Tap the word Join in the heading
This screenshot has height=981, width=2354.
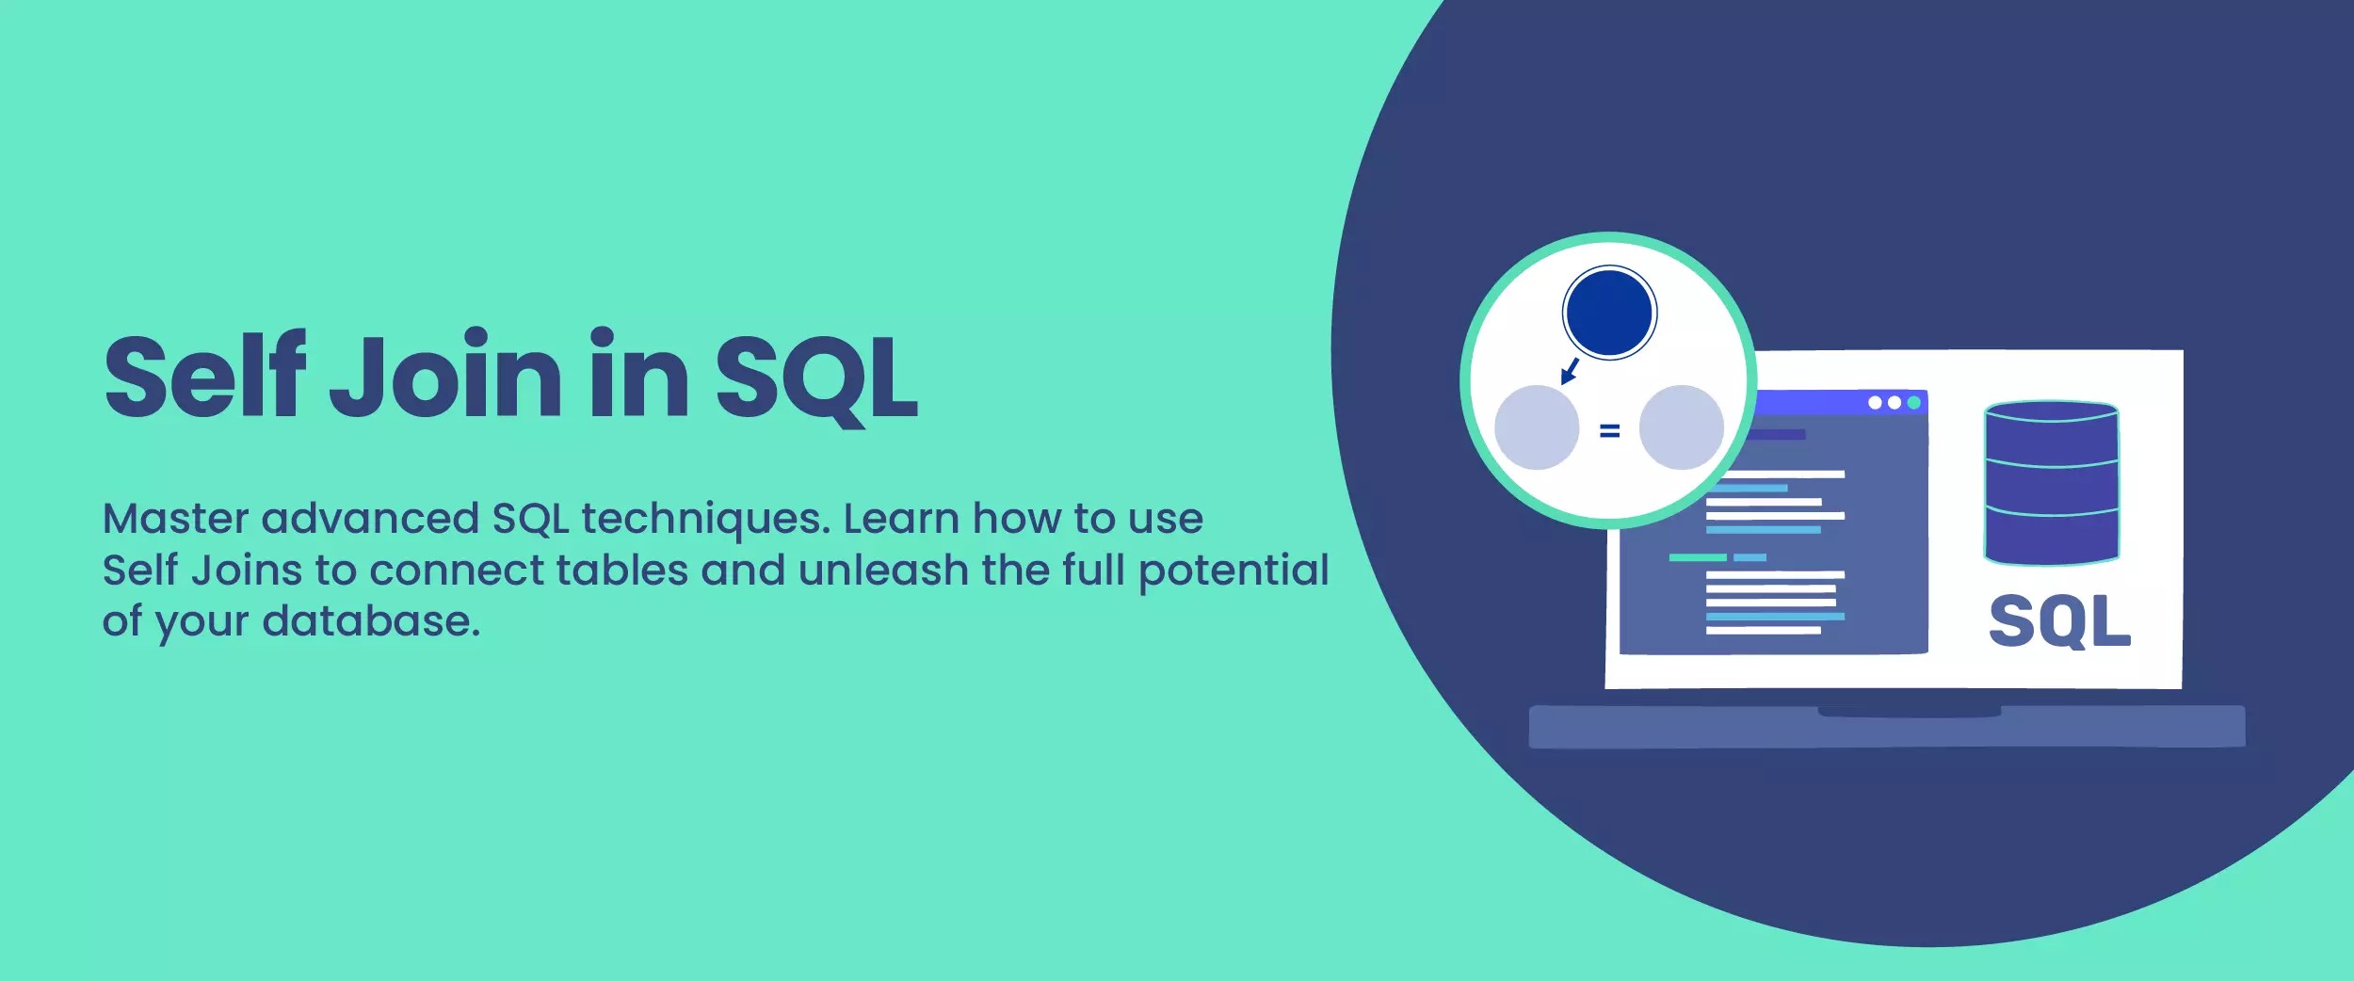(445, 377)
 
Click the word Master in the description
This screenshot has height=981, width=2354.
(175, 519)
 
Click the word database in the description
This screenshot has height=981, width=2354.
(371, 621)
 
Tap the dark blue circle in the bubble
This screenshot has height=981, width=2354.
(1609, 313)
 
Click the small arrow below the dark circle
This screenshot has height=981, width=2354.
(1570, 371)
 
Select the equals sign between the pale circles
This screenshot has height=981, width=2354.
(1609, 431)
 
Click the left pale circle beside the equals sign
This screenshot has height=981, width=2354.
(1537, 427)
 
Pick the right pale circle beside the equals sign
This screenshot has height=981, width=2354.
(1681, 427)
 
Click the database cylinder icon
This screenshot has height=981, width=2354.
(2052, 483)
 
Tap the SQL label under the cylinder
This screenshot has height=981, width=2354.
(2059, 620)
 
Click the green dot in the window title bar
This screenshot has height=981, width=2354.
(1913, 403)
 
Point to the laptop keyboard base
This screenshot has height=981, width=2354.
(1886, 727)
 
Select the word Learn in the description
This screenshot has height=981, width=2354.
(900, 519)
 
